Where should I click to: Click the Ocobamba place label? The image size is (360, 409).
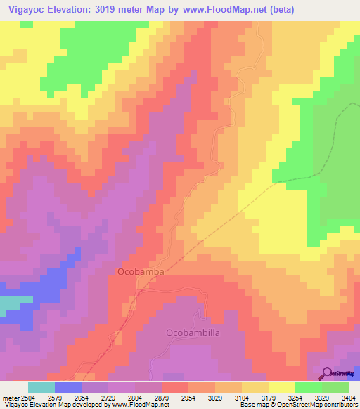coord(136,271)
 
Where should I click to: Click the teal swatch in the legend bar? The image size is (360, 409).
coord(41,387)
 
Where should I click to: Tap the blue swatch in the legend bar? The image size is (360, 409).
coord(68,387)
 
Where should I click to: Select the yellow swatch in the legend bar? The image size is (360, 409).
coord(281,387)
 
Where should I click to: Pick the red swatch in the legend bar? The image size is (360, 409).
coord(175,387)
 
